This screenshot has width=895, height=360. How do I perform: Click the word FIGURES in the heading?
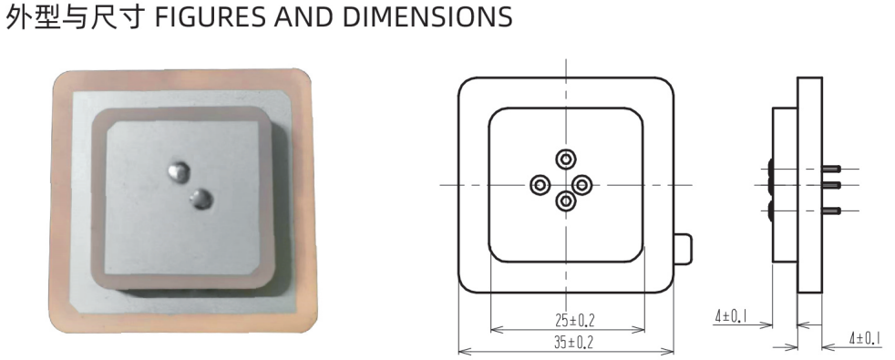tap(210, 17)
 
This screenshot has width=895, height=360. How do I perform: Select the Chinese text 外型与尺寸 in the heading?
tap(74, 17)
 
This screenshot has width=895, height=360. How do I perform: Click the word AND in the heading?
tap(303, 17)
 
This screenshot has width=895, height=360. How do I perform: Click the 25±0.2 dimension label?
tap(574, 320)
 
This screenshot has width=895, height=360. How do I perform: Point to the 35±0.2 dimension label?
tap(573, 342)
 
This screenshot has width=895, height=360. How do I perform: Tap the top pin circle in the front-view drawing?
tap(566, 159)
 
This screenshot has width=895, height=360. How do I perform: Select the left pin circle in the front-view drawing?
tap(540, 185)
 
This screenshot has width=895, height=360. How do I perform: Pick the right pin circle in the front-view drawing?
tap(582, 184)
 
